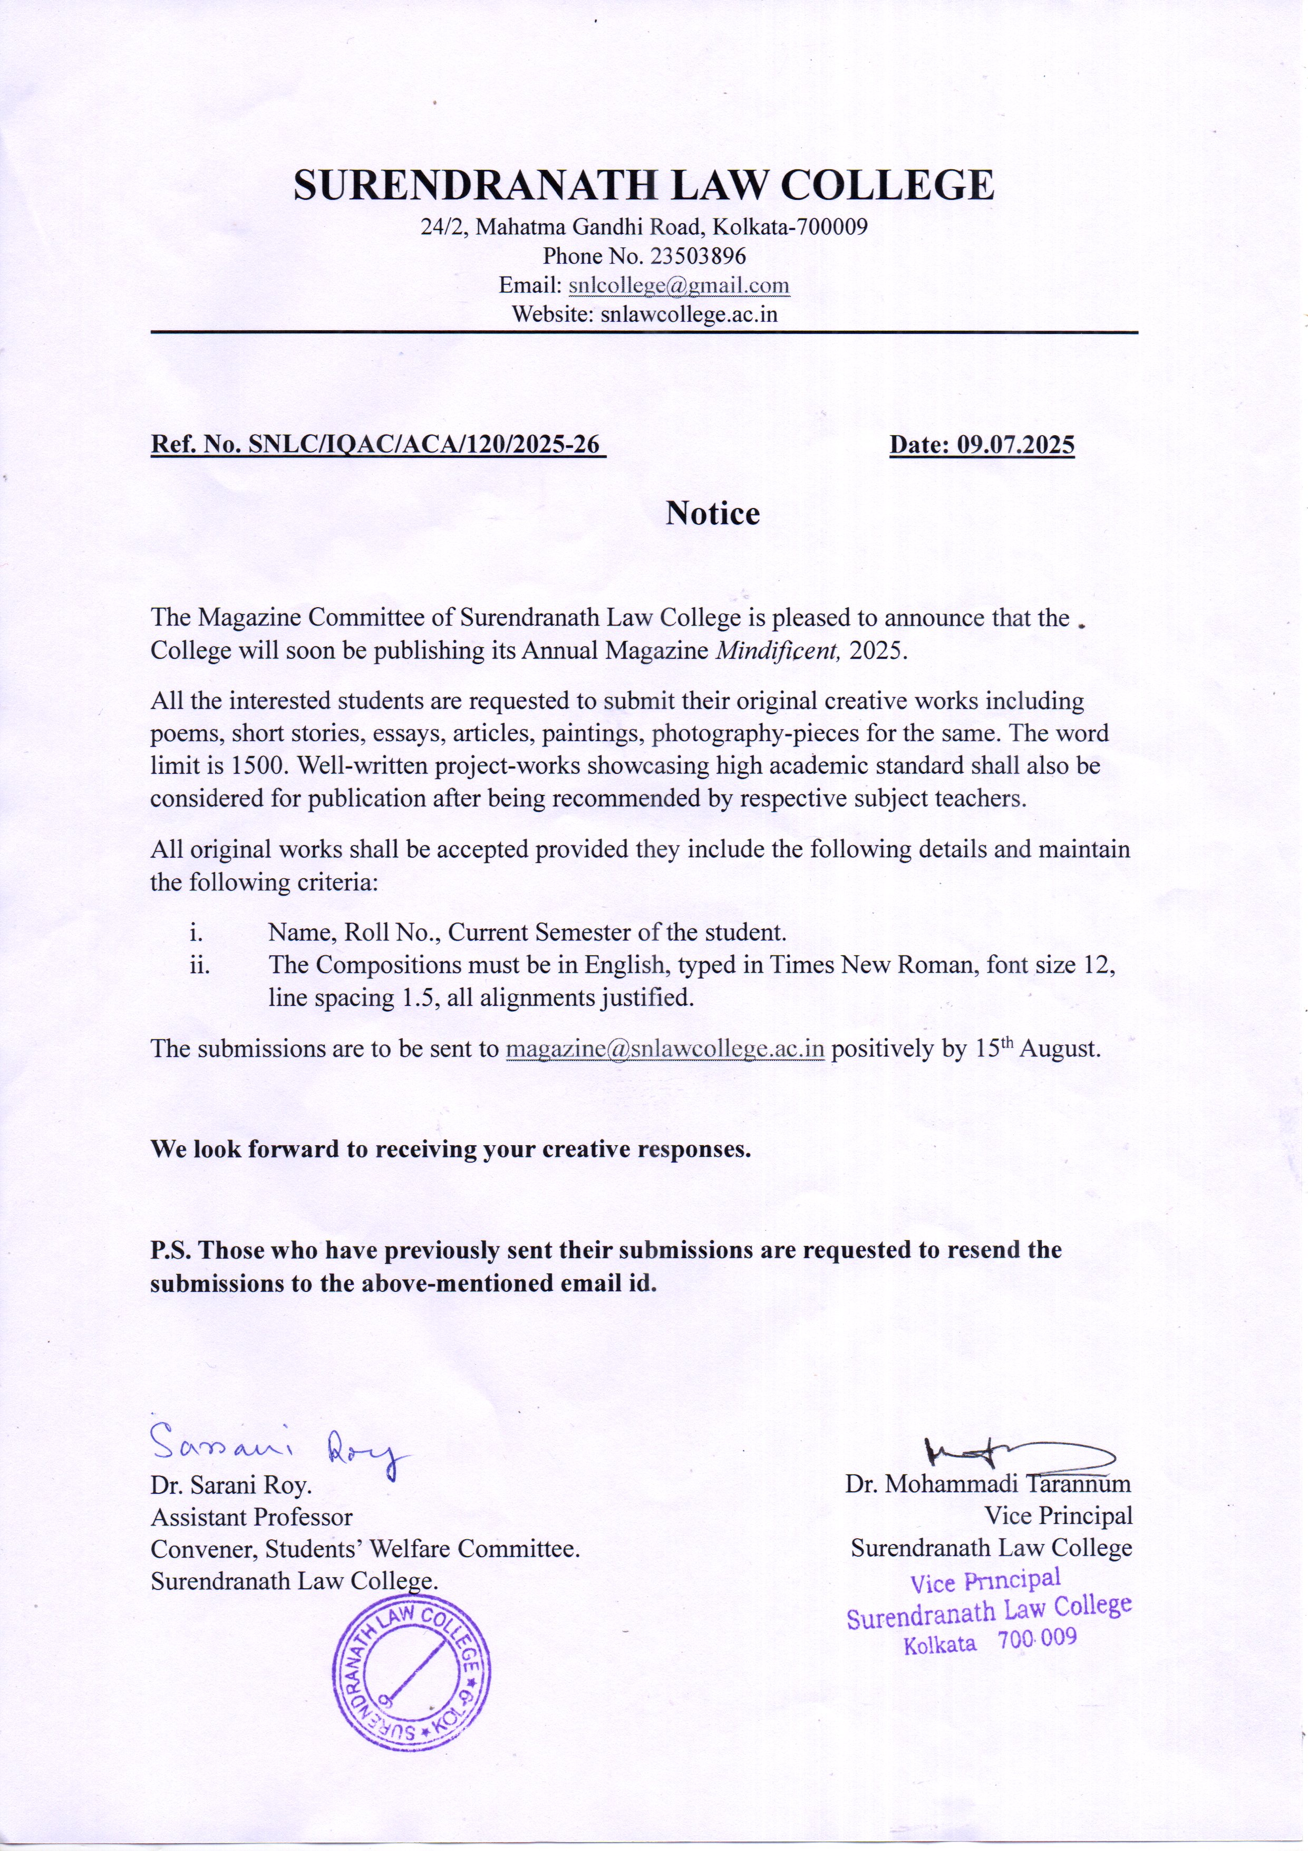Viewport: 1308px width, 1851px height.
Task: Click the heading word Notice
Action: coord(712,514)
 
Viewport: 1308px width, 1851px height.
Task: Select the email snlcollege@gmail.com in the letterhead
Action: coord(679,285)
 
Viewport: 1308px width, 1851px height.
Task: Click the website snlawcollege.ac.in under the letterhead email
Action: coord(689,314)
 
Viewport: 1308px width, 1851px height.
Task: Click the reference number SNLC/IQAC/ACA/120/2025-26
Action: coord(425,445)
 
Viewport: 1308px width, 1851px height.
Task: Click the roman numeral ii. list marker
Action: coord(200,965)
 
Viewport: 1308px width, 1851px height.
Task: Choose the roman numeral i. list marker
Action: coord(196,933)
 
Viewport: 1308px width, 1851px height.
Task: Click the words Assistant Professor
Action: coord(251,1517)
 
